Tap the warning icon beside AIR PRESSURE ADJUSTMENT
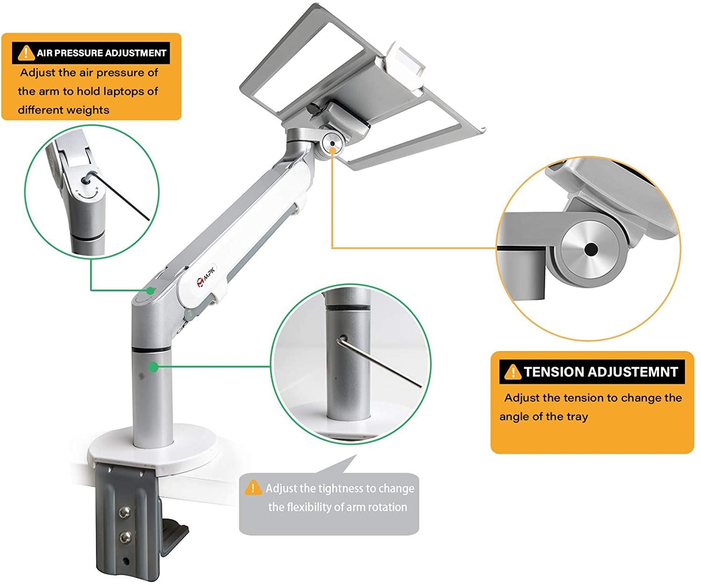pos(26,53)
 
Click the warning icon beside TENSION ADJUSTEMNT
pos(513,372)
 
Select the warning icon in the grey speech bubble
pos(253,488)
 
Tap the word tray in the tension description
pos(577,416)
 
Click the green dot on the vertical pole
pos(153,367)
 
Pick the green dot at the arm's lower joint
pos(151,290)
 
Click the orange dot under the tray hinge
pos(332,151)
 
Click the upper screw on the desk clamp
pos(125,512)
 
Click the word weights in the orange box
pos(92,110)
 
